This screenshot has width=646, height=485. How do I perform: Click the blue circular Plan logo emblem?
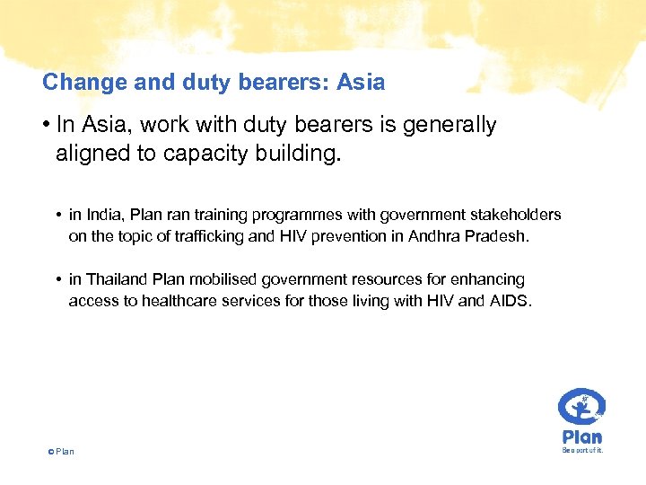click(581, 408)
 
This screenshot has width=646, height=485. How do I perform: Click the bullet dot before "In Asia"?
click(47, 126)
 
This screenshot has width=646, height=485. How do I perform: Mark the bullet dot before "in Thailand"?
click(57, 281)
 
